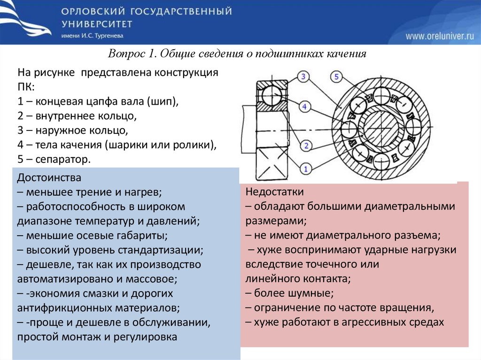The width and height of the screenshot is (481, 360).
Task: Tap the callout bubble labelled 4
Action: pyautogui.click(x=304, y=107)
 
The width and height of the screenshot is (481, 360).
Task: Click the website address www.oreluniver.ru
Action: pyautogui.click(x=440, y=36)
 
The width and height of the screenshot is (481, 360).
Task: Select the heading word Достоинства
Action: pyautogui.click(x=49, y=178)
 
